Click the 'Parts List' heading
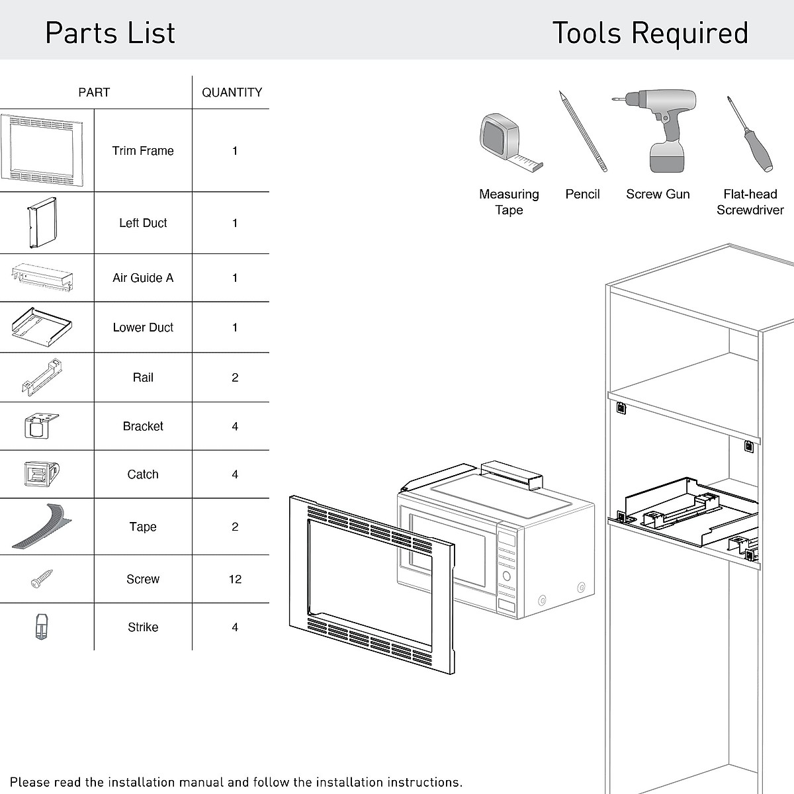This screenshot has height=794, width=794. point(110,33)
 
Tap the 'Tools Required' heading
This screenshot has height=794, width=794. point(650,33)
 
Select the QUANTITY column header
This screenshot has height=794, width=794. point(232,93)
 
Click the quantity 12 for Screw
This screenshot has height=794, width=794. point(235,579)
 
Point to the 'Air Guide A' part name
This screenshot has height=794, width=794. point(143,278)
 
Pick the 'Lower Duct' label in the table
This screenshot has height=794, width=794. point(143,328)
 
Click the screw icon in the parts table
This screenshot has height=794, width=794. point(42,579)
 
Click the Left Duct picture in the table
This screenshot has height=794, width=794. point(42,223)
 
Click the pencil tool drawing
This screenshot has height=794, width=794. point(582,131)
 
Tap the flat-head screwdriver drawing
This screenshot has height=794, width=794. point(750,134)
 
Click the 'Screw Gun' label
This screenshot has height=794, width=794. point(658,195)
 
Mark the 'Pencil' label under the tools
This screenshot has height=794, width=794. point(582,195)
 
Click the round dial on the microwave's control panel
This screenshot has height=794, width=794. point(507,576)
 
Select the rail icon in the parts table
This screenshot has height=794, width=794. point(41,377)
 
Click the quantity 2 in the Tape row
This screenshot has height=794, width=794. point(235,527)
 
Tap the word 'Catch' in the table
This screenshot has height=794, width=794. point(143,474)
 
